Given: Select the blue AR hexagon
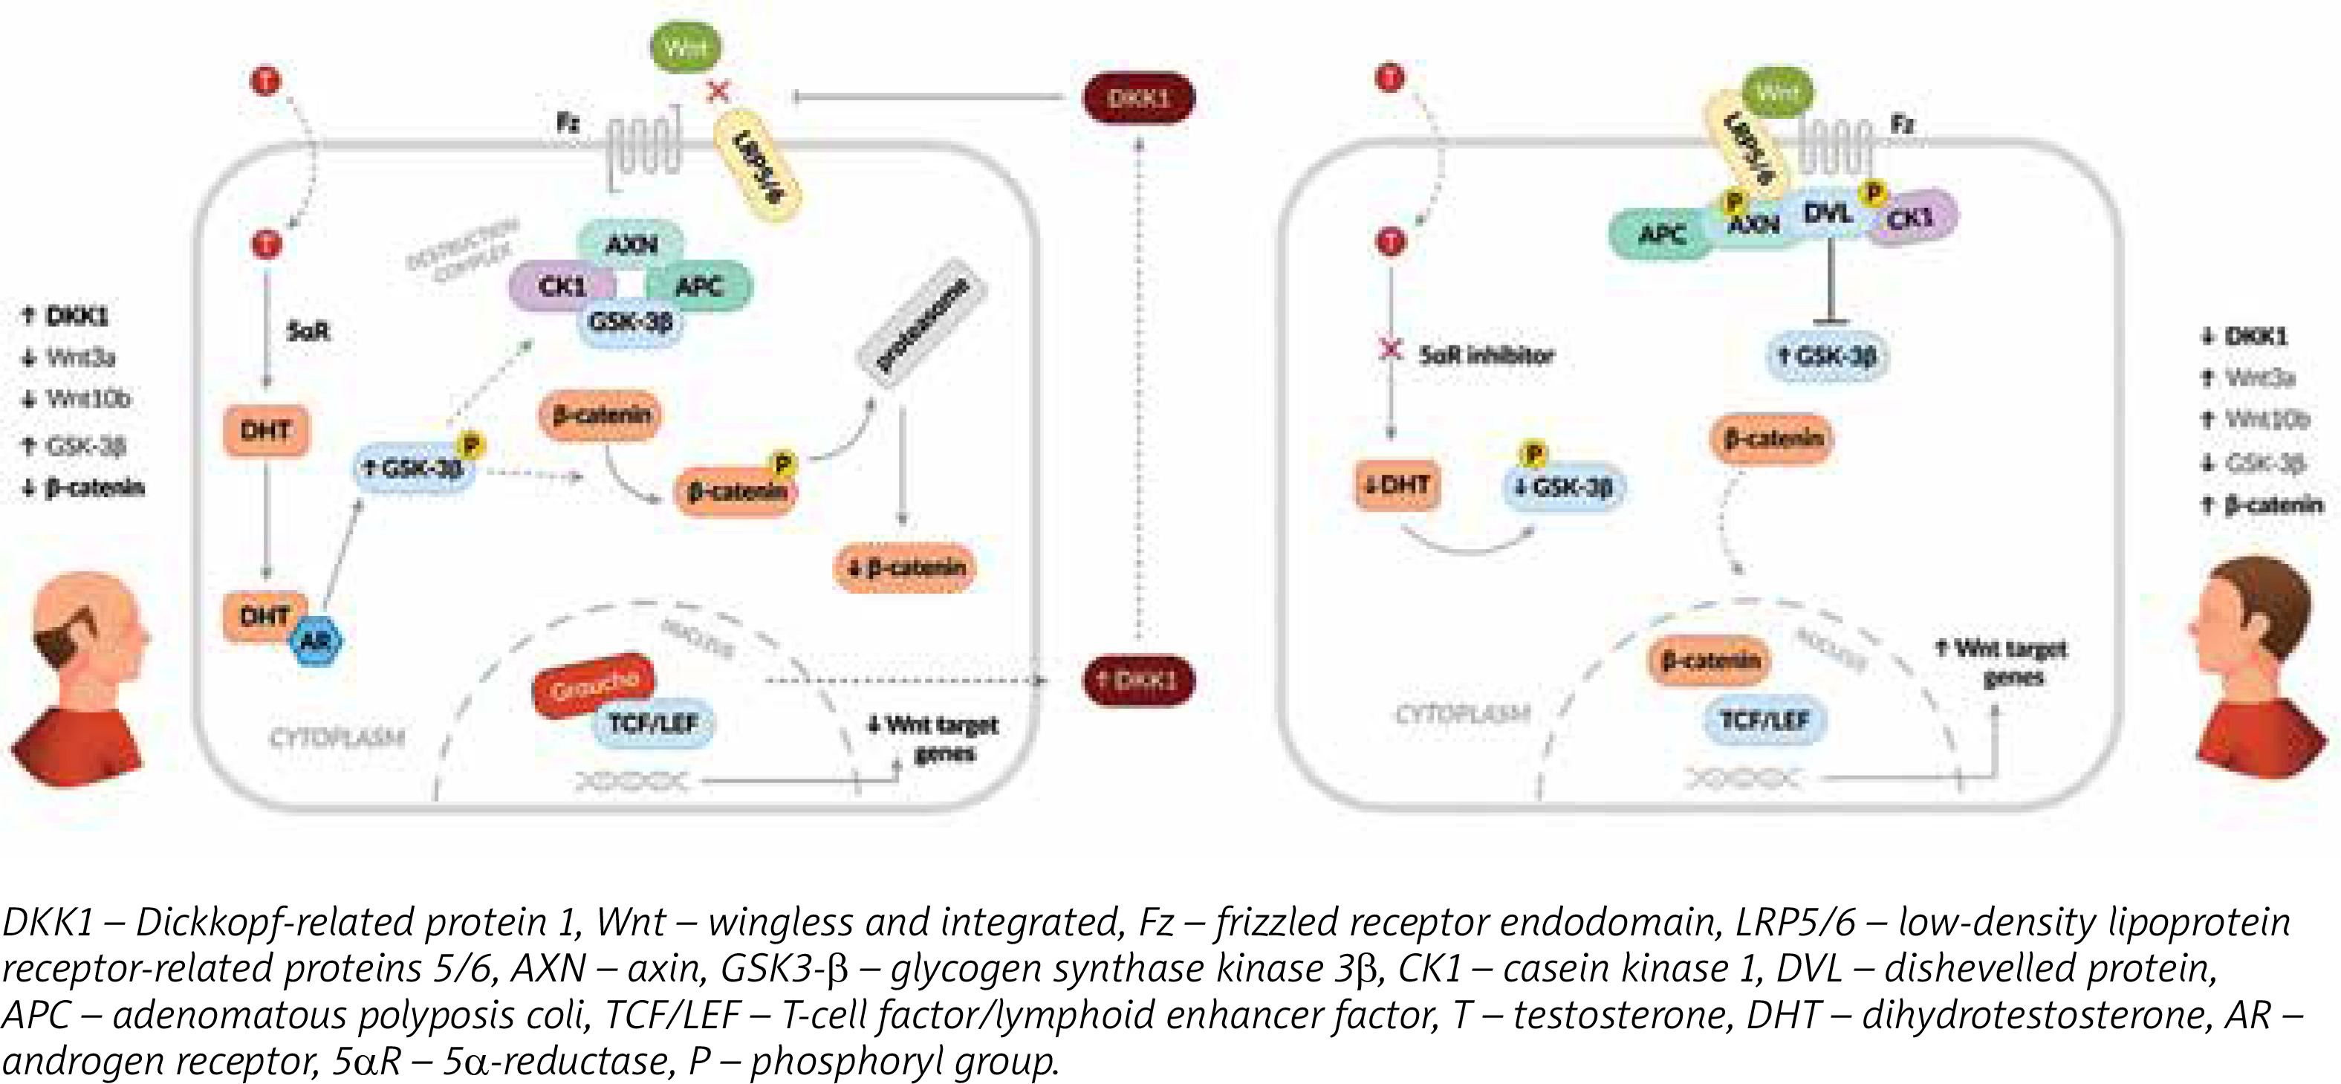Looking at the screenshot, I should (x=314, y=641).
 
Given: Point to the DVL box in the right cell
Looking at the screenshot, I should (x=1827, y=215).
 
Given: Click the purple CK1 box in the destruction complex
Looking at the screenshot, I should (x=562, y=286).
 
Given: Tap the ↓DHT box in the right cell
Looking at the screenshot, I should (x=1397, y=485).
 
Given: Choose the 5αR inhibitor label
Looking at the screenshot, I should (x=1487, y=354).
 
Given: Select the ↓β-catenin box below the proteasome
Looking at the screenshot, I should (x=905, y=568).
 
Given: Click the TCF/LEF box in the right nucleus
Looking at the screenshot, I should (x=1764, y=720).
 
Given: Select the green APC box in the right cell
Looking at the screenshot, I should (x=1661, y=235).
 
